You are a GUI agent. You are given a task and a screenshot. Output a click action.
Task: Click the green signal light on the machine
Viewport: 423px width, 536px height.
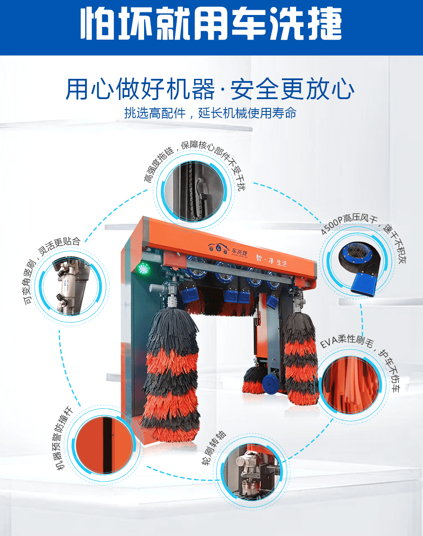pyautogui.click(x=143, y=269)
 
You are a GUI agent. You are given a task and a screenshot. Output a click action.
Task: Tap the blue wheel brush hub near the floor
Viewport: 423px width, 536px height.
pyautogui.click(x=270, y=384)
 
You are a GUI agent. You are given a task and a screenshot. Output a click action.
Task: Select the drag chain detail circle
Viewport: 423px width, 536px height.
pyautogui.click(x=194, y=192)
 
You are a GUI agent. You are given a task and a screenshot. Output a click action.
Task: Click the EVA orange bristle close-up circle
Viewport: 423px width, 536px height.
pyautogui.click(x=350, y=385)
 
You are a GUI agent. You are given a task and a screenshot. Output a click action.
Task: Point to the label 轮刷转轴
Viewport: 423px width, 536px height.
pyautogui.click(x=214, y=447)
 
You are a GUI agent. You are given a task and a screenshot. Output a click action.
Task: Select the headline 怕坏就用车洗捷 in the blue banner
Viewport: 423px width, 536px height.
pyautogui.click(x=211, y=23)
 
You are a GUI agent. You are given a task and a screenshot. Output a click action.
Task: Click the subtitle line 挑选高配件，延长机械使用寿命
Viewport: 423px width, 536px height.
pyautogui.click(x=211, y=113)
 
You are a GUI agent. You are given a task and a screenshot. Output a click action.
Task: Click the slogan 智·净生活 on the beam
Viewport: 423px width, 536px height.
pyautogui.click(x=271, y=260)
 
